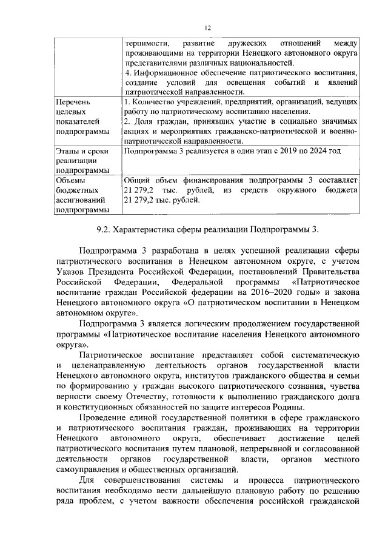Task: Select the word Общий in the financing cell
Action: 137,181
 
